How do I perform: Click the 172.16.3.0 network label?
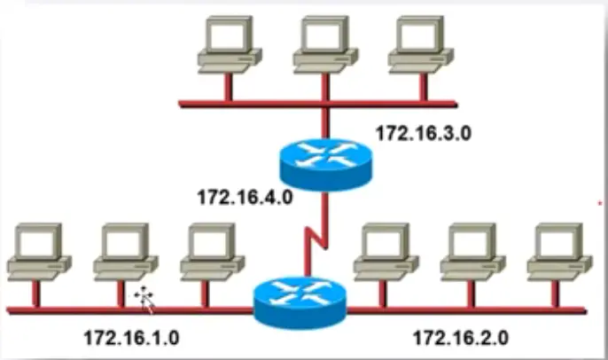(423, 134)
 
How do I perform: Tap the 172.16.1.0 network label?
(131, 337)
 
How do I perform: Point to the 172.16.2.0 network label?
(460, 337)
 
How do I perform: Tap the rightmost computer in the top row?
(420, 45)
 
